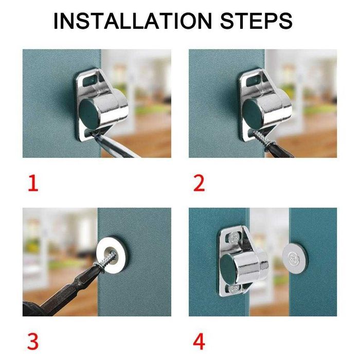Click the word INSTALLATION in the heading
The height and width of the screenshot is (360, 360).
click(x=132, y=22)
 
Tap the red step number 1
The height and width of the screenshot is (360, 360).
click(x=33, y=183)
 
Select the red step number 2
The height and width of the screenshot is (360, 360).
click(x=199, y=183)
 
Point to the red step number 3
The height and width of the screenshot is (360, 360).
click(x=32, y=341)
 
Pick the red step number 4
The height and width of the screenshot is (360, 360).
click(x=200, y=341)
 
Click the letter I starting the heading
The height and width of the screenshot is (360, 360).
click(x=57, y=22)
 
